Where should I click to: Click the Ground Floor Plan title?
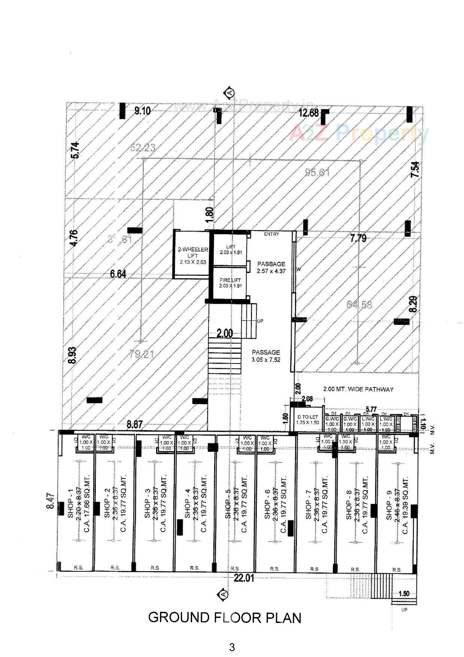click(x=225, y=617)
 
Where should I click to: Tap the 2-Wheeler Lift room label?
click(x=193, y=255)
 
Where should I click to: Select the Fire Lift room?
click(x=230, y=283)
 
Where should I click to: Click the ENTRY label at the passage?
click(x=271, y=234)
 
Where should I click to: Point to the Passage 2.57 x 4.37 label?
click(x=271, y=267)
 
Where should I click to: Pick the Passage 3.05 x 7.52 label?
click(x=266, y=356)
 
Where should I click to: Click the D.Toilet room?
click(x=308, y=420)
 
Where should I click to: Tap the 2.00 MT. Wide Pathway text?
click(x=358, y=389)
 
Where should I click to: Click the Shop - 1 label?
click(x=70, y=507)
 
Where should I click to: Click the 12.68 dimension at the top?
click(x=308, y=113)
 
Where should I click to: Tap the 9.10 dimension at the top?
click(x=142, y=111)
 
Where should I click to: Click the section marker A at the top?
click(x=230, y=92)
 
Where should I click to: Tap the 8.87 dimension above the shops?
click(x=135, y=424)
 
